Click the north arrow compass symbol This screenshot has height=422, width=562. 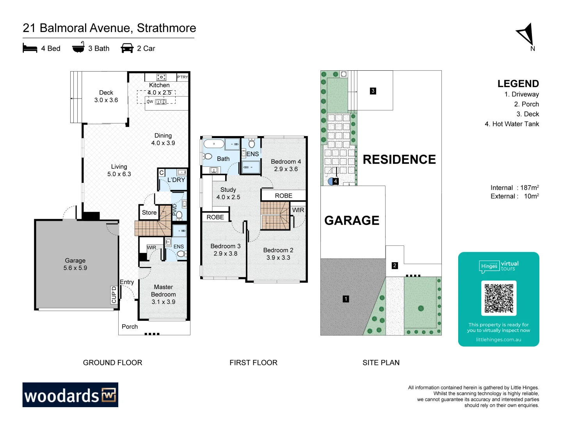[526, 36]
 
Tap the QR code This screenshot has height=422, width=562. [499, 298]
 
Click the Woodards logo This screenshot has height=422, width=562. [70, 395]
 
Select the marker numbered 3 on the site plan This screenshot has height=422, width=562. [373, 91]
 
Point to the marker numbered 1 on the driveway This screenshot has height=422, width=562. [346, 299]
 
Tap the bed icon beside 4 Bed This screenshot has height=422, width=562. [30, 48]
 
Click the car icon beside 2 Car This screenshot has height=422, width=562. [127, 48]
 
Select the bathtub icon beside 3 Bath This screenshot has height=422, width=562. [78, 47]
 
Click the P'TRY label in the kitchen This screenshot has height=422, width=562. [183, 77]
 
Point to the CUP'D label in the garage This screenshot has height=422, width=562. [114, 295]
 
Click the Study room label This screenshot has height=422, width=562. [228, 190]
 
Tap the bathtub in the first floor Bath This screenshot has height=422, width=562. [213, 144]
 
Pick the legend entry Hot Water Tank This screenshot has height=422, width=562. [512, 124]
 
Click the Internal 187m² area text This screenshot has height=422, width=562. [515, 188]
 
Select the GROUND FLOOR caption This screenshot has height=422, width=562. [112, 363]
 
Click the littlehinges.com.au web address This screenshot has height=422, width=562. [498, 340]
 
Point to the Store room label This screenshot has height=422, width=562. [149, 213]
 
